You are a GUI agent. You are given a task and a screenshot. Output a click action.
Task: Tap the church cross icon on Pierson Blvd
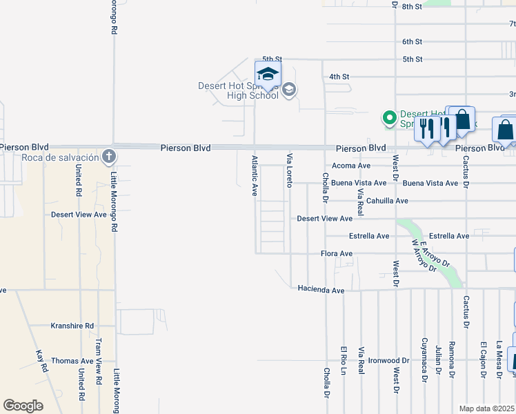(108, 156)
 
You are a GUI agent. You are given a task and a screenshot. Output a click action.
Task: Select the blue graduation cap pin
(268, 75)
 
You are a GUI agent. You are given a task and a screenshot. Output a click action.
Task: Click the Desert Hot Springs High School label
(238, 90)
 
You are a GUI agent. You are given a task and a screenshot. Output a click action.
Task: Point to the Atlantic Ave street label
(255, 176)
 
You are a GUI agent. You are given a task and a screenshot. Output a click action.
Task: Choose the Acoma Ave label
(351, 166)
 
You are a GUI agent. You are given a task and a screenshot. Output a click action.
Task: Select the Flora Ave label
(337, 254)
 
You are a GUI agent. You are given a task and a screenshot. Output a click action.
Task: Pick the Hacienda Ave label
(321, 290)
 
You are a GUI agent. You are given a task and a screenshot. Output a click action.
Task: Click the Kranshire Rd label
(72, 326)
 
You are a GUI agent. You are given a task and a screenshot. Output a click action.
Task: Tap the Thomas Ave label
(72, 361)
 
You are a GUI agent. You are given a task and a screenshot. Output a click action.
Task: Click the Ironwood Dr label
(388, 361)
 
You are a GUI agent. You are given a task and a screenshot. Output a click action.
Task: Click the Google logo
(23, 406)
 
